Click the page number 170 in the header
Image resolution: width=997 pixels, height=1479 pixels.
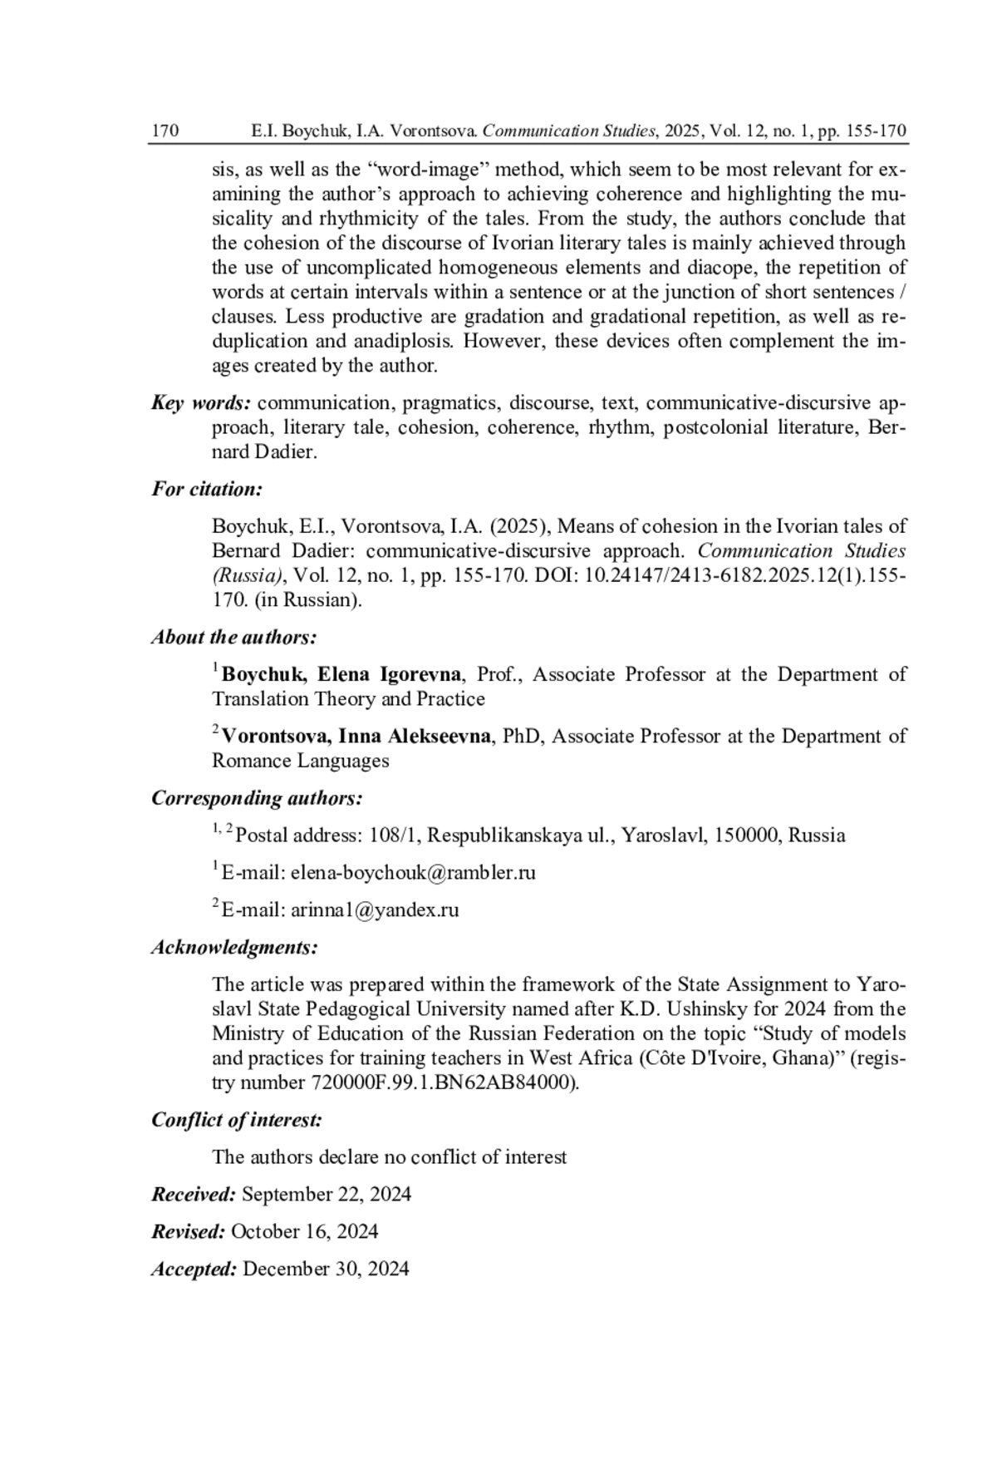pyautogui.click(x=165, y=131)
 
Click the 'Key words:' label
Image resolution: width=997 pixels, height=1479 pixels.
pyautogui.click(x=200, y=403)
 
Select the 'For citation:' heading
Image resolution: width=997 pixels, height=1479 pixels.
pyautogui.click(x=207, y=489)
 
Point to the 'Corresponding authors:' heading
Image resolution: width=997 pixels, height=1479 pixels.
pyautogui.click(x=257, y=798)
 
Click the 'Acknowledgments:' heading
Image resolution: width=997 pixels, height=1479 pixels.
pyautogui.click(x=234, y=947)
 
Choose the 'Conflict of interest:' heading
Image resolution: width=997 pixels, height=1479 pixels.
pyautogui.click(x=236, y=1120)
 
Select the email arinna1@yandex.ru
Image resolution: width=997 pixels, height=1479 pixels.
pyautogui.click(x=375, y=910)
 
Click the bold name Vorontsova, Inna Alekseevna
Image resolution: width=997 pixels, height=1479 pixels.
pyautogui.click(x=356, y=737)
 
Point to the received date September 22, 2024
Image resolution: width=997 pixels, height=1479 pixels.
pyautogui.click(x=327, y=1195)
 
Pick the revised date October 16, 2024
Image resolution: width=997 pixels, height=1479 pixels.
pyautogui.click(x=304, y=1231)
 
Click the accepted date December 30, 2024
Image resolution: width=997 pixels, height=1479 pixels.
pyautogui.click(x=326, y=1269)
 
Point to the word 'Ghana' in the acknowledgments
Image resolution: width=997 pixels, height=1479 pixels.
pyautogui.click(x=800, y=1058)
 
